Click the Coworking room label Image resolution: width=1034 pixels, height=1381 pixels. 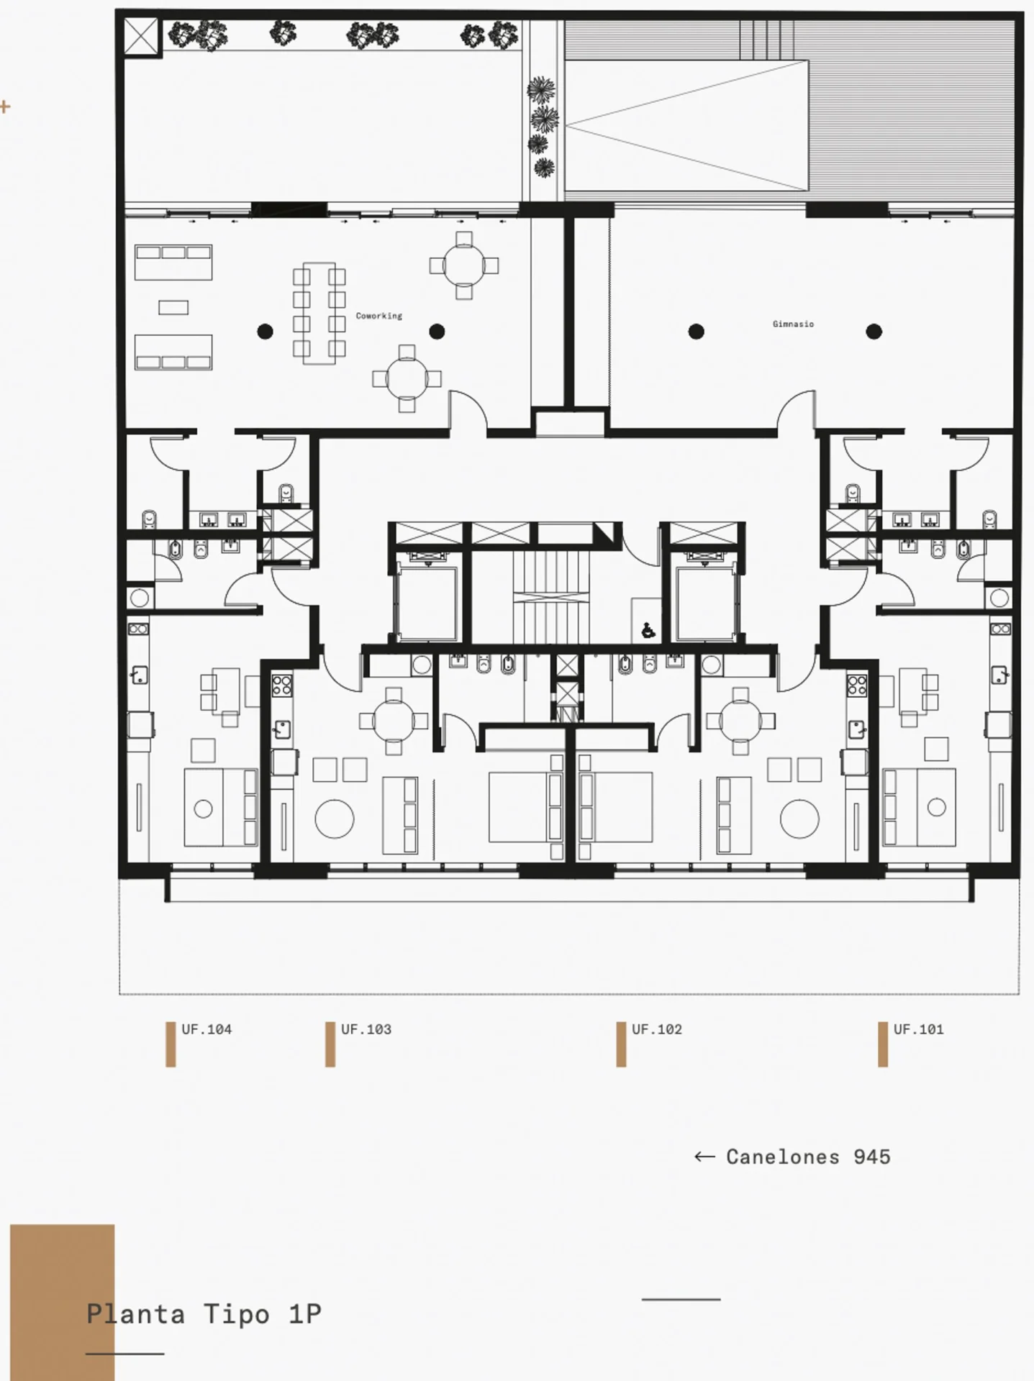[378, 316]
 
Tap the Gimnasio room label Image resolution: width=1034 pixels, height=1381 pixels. [793, 324]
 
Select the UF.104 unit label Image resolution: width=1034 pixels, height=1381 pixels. [207, 1029]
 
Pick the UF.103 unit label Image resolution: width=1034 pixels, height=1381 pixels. [366, 1029]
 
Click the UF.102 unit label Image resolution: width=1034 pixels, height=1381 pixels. [657, 1029]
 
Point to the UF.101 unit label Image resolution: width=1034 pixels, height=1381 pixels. [918, 1029]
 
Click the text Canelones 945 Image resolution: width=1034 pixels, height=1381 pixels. [808, 1157]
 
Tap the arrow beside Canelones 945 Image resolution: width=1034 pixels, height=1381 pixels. [704, 1157]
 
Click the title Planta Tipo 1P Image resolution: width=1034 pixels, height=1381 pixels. [204, 1314]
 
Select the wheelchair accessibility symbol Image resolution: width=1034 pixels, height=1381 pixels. [648, 631]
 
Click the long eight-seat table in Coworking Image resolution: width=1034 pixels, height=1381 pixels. [319, 314]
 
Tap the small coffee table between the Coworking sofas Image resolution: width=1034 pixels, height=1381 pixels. [173, 308]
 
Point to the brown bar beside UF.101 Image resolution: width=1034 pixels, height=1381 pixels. [883, 1044]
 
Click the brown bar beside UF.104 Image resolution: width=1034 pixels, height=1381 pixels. [171, 1044]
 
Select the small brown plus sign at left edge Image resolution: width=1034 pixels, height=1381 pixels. [5, 107]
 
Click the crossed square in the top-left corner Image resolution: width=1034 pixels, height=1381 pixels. [140, 35]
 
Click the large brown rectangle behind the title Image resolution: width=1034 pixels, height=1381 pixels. [62, 1302]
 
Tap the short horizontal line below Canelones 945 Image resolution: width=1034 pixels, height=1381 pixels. [681, 1299]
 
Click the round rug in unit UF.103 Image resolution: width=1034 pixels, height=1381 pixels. [335, 819]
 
